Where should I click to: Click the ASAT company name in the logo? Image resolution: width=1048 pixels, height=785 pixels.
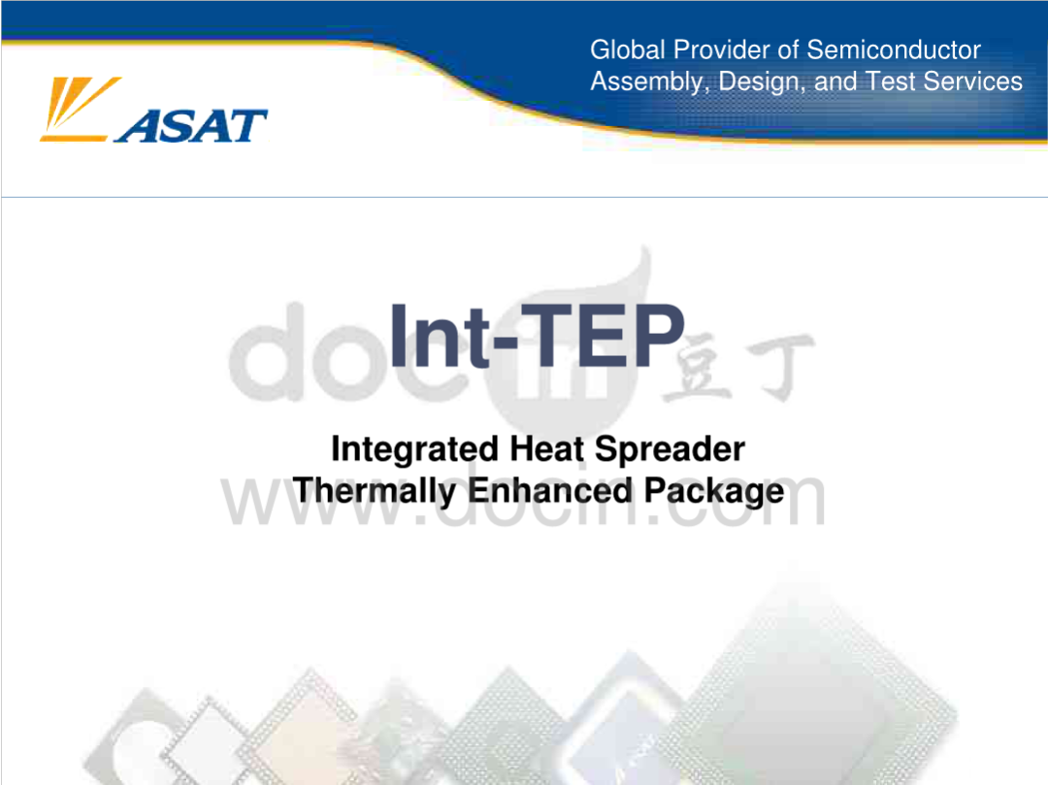point(191,125)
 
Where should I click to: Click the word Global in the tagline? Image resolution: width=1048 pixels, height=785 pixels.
point(628,50)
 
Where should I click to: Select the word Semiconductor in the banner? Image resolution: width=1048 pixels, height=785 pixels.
point(894,50)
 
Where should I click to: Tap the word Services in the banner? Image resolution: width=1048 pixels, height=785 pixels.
point(972,82)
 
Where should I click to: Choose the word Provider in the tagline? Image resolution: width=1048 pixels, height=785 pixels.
point(721,50)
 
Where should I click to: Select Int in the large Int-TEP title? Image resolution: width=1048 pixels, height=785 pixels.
point(440,336)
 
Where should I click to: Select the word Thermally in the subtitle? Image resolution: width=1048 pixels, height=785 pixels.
point(375,492)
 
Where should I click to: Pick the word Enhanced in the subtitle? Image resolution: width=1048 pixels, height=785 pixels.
point(549,490)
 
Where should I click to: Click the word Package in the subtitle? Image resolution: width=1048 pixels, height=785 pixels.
point(714,492)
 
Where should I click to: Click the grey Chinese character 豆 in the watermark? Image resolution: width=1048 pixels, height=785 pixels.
point(697,366)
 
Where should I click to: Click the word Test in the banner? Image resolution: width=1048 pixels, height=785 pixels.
point(891,82)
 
